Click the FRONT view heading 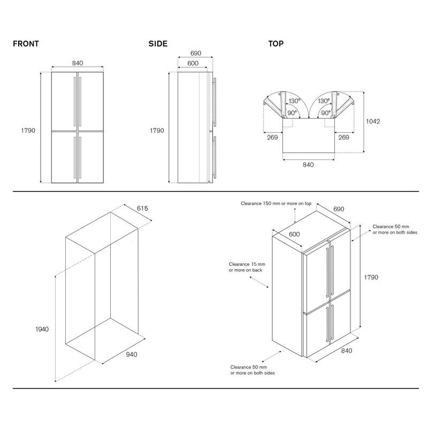pos(26,44)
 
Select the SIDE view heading pos(158,44)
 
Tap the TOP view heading pos(276,44)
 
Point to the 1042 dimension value pos(373,121)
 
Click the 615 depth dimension pos(142,208)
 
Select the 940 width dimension pos(132,354)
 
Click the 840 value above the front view pos(78,63)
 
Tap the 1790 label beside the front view pos(28,131)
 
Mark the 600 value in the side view pos(193,63)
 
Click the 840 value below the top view pos(308,164)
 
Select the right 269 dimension pos(343,137)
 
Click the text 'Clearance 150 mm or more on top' pos(276,204)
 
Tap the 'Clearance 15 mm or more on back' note pos(247,267)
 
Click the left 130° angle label pos(294,101)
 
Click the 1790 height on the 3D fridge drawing pos(371,277)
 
